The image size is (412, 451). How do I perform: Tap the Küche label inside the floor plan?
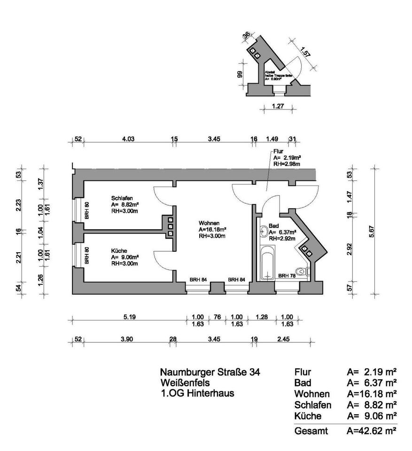119,251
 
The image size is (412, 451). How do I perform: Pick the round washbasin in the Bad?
264,231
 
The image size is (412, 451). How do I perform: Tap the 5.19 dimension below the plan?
129,317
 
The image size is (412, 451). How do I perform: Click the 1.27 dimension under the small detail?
279,107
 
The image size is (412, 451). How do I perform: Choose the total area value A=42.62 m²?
371,430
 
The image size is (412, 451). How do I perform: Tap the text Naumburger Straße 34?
210,373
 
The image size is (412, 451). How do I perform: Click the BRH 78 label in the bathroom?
287,276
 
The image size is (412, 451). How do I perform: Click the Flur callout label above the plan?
278,152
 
